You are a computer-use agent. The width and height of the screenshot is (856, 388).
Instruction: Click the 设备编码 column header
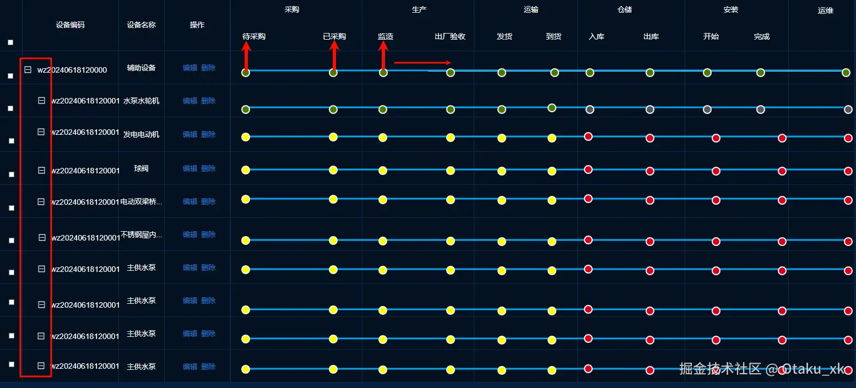tap(70, 25)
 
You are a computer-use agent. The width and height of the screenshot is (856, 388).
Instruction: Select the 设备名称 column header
tap(141, 25)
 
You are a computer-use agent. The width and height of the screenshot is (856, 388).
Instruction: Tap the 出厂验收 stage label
tap(450, 36)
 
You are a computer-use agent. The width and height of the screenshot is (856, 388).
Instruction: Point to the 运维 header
tap(825, 10)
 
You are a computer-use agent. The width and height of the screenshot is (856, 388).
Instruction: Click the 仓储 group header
tap(625, 9)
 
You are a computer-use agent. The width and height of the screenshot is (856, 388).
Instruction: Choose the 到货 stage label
tap(554, 36)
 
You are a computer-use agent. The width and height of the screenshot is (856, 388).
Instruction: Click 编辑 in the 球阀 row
tap(189, 168)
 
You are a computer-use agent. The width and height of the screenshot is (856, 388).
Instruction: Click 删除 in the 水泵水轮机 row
tap(208, 101)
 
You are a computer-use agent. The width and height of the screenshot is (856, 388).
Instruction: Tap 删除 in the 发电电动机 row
tap(208, 134)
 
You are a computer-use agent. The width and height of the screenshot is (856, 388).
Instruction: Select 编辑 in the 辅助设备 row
tap(189, 68)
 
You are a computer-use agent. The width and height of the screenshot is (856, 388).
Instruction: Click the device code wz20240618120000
tap(72, 70)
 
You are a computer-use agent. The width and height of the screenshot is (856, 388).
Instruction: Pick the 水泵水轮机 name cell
tap(141, 101)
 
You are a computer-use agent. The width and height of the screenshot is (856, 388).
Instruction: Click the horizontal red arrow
tap(422, 62)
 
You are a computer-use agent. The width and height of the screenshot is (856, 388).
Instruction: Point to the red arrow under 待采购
tap(246, 57)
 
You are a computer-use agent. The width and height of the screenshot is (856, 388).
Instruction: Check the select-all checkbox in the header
tap(10, 42)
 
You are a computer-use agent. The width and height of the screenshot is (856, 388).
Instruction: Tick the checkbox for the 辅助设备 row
tap(10, 76)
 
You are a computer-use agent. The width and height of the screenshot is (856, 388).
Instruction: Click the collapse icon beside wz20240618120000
tap(28, 70)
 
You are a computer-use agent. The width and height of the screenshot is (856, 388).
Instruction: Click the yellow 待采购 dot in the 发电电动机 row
tap(246, 137)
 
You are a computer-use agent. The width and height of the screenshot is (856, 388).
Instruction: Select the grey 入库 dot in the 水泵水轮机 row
tap(590, 109)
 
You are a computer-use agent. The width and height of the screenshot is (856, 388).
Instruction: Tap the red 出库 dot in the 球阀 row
tap(650, 171)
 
